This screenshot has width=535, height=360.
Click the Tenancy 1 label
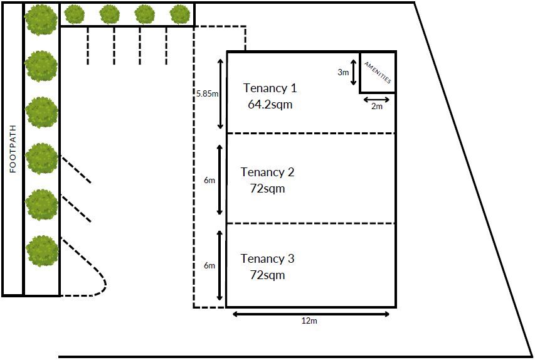pos(270,88)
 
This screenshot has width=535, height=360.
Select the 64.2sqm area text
pos(270,105)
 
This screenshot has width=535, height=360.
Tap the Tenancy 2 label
pos(267,172)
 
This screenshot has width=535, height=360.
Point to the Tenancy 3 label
pos(267,258)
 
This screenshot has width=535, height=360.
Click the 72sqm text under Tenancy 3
pos(267,275)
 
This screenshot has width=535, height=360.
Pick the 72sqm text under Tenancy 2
pos(267,188)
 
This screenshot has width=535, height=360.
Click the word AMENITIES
pos(378,73)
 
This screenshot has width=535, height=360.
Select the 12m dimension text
pos(310,321)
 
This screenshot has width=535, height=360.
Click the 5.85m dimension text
pos(207,94)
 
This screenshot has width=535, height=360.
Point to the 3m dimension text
pos(343,72)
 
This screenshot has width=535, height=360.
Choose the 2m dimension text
pos(377,107)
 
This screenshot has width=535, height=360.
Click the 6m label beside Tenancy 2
pos(209,180)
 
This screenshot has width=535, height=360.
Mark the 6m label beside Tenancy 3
pos(209,265)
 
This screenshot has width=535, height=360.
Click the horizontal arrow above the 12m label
pos(311,314)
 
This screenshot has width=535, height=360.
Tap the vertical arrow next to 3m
pos(354,72)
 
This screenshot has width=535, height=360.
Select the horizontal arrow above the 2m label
pos(377,99)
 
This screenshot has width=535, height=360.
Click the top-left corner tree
pos(41,19)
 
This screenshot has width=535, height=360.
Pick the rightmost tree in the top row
pos(180,14)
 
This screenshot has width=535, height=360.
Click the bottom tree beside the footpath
pos(42,250)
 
